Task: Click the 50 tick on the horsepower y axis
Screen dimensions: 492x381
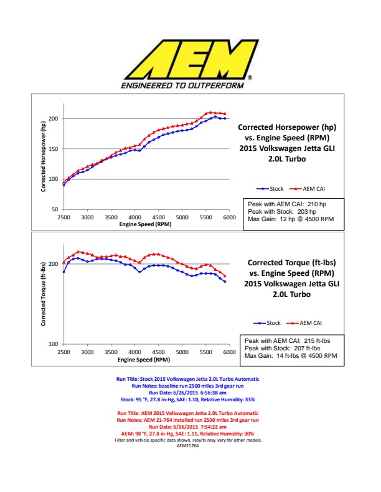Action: [x=54, y=210]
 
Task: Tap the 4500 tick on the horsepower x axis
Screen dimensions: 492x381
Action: [x=158, y=218]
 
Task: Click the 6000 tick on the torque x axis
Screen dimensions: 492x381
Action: [x=228, y=352]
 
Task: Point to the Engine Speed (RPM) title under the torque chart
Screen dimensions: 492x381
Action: [x=144, y=359]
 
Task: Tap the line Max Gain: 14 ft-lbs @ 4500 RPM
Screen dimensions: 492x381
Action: [x=291, y=356]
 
